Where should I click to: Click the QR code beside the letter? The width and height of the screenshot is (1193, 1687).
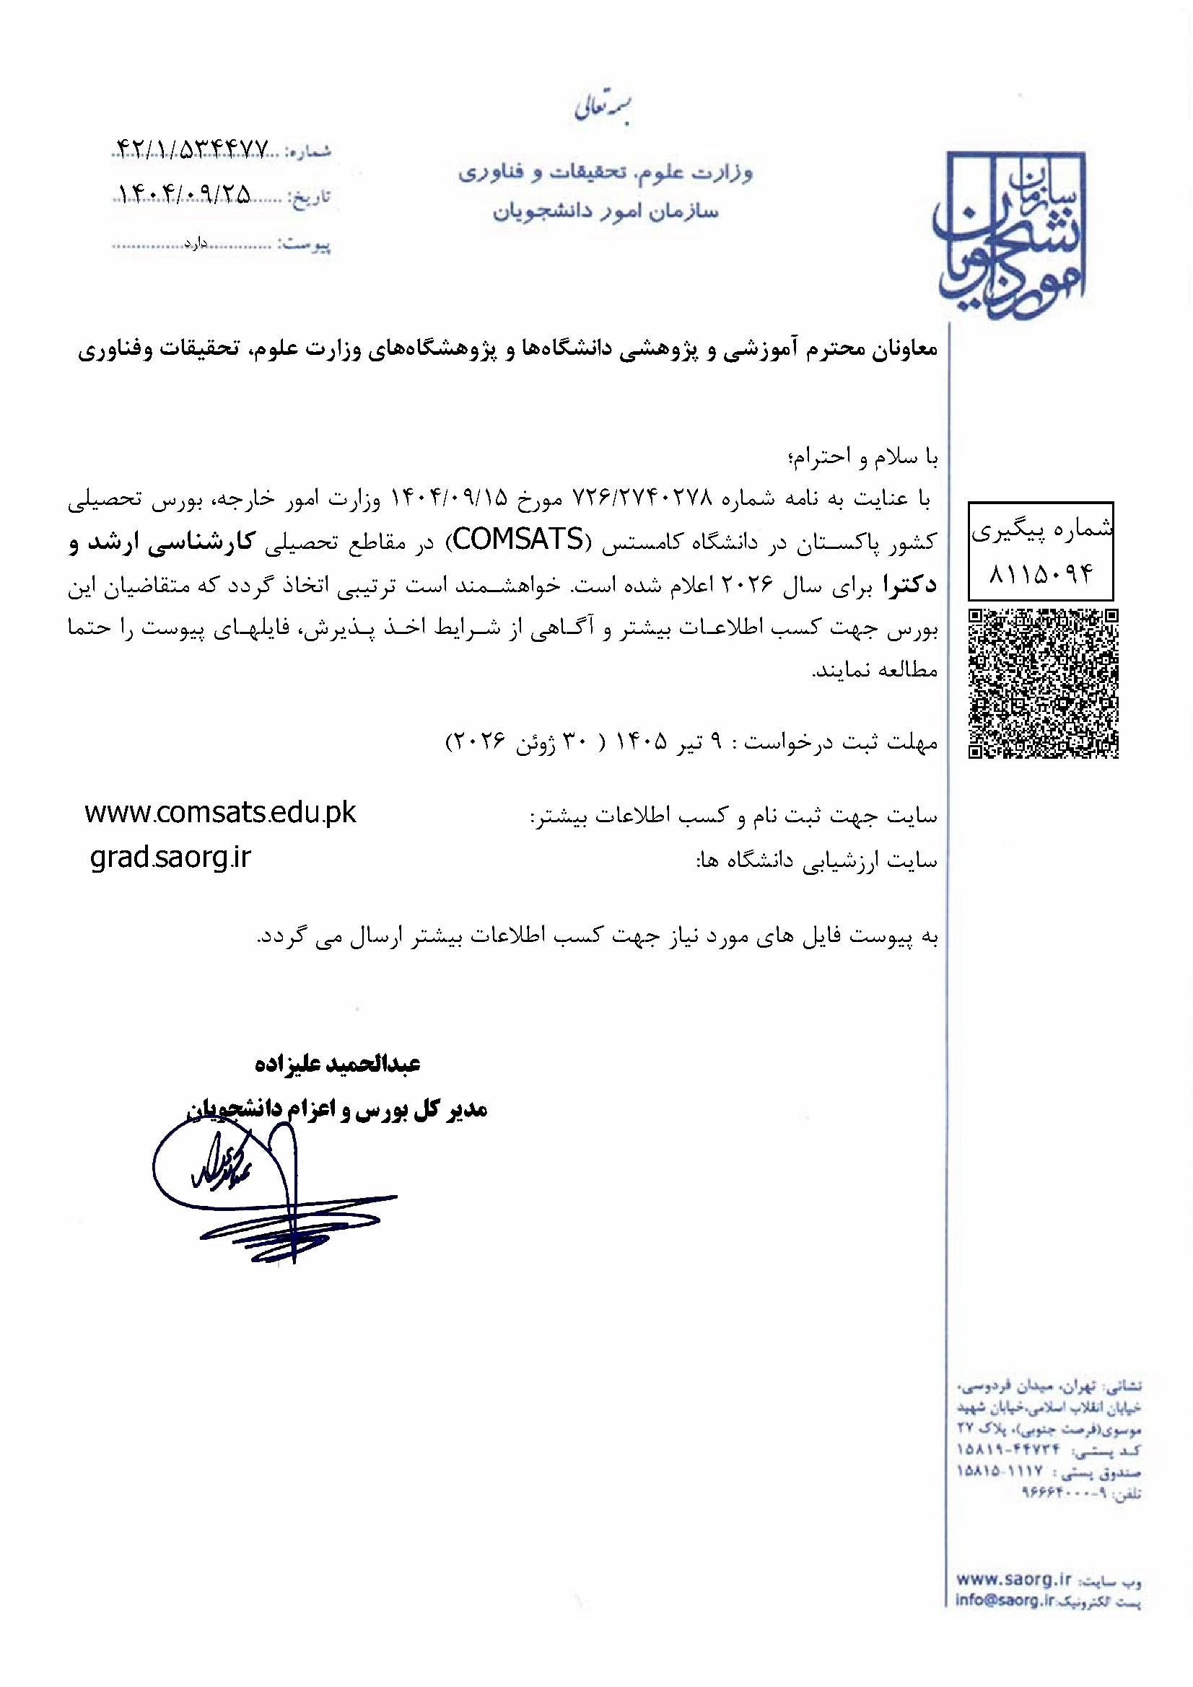point(1044,683)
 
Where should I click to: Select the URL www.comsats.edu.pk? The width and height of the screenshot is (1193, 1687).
point(221,814)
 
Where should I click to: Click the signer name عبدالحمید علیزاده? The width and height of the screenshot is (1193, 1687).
point(336,1064)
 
